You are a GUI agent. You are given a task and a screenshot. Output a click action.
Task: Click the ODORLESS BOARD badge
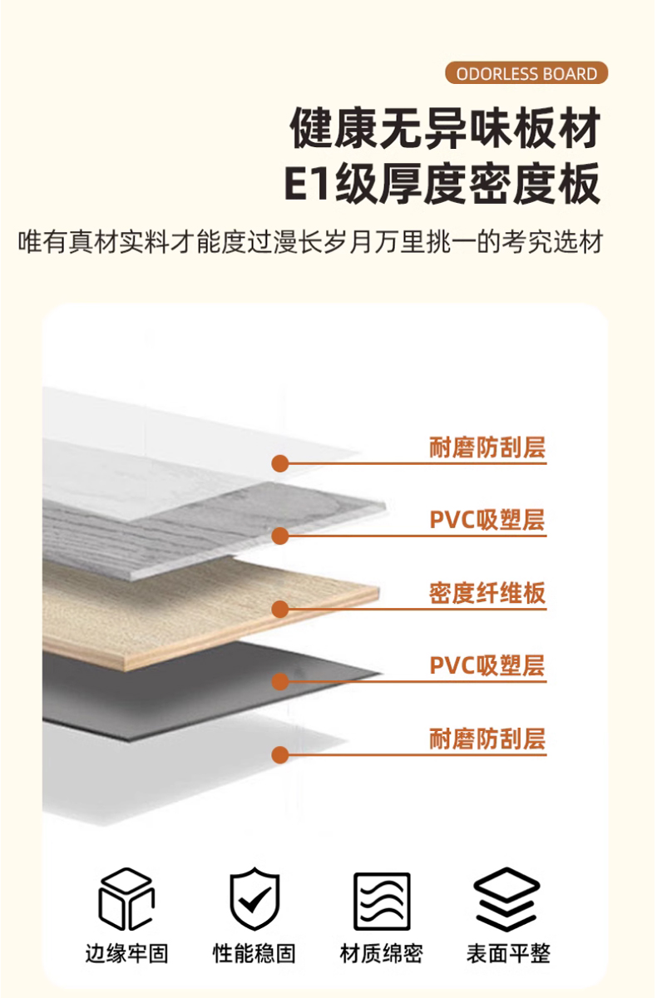click(x=526, y=73)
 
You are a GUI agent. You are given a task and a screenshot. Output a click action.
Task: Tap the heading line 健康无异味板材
click(x=445, y=129)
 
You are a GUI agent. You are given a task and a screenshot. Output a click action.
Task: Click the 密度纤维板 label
click(x=487, y=593)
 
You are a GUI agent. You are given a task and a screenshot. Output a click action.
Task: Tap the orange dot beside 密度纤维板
click(x=280, y=610)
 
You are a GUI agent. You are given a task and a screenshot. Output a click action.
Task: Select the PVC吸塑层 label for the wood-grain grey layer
click(x=487, y=521)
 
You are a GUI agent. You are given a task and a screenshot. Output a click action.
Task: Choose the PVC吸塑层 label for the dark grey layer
click(x=487, y=665)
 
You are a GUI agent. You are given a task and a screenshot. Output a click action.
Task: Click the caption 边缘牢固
click(x=126, y=953)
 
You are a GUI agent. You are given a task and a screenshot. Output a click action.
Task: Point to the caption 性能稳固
click(x=254, y=953)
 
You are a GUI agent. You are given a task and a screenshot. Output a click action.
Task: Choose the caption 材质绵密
click(x=382, y=953)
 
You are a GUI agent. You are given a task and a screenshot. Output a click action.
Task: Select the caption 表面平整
click(x=508, y=953)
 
